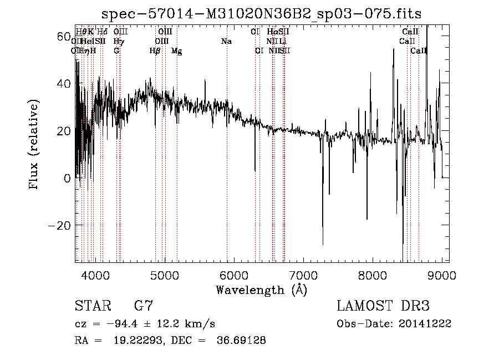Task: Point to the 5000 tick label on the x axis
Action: click(165, 275)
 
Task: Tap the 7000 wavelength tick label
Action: click(303, 275)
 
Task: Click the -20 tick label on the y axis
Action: click(60, 226)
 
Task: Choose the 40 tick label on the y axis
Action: click(64, 84)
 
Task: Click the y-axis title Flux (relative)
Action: click(34, 144)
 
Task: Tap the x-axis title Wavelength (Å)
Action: click(261, 290)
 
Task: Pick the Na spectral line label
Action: click(226, 42)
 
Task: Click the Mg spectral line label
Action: click(176, 51)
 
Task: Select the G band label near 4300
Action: click(116, 51)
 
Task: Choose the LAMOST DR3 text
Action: click(383, 306)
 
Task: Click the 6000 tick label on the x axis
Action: click(234, 275)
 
